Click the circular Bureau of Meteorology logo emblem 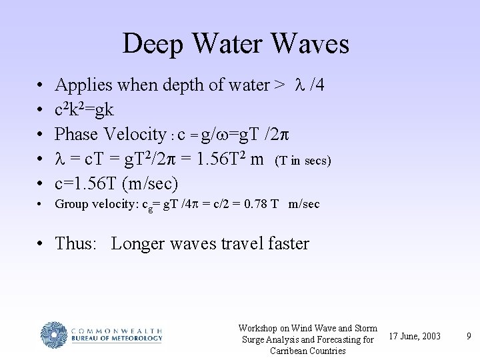(x=54, y=334)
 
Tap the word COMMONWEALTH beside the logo (x=115, y=329)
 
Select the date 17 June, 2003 (x=414, y=335)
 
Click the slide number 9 (x=469, y=335)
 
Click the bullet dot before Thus (x=40, y=244)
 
